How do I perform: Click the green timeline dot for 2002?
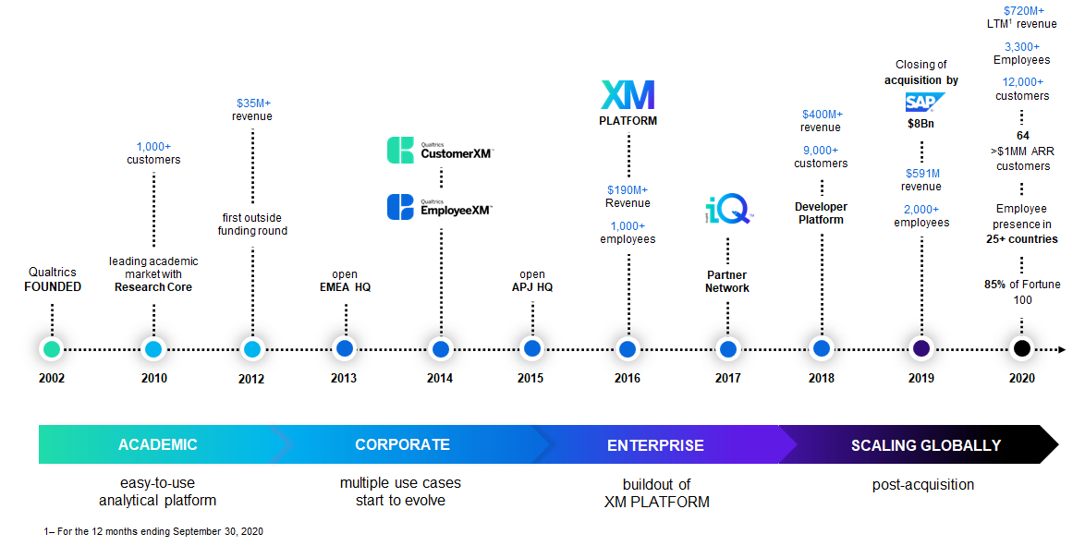[x=52, y=349]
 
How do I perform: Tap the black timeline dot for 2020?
[x=1021, y=349]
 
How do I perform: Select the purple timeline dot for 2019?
[x=920, y=349]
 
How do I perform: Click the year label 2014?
[x=440, y=378]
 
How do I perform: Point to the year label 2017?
[x=727, y=378]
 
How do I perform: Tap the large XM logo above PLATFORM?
[x=628, y=96]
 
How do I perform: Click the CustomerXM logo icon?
[x=400, y=151]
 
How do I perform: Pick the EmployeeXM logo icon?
[x=400, y=207]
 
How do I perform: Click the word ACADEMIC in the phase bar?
[x=157, y=444]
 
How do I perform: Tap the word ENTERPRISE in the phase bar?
[x=655, y=445]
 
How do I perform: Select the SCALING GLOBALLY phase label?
[x=925, y=445]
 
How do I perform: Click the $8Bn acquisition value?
[x=921, y=123]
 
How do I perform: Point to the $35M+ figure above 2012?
[x=251, y=103]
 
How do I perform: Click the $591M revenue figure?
[x=920, y=173]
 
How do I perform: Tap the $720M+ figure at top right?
[x=1021, y=10]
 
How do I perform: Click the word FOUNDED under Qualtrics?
[x=53, y=286]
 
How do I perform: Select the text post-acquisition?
[x=922, y=484]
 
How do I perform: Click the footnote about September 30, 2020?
[x=153, y=531]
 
